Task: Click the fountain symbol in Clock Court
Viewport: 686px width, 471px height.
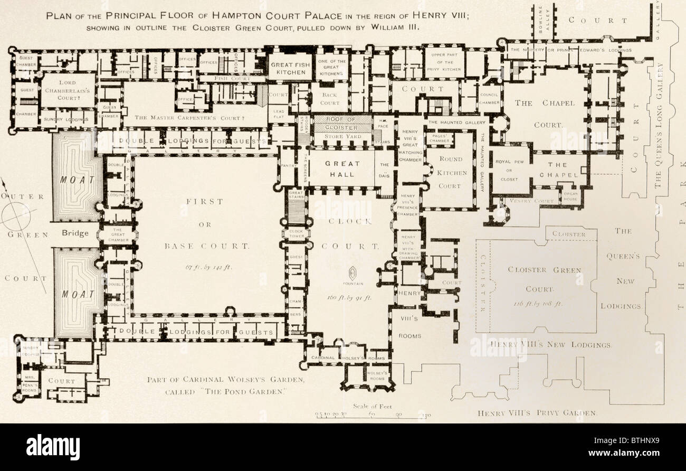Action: click(352, 274)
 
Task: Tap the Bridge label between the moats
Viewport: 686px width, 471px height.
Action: click(75, 233)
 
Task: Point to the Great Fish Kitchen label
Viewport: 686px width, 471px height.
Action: click(289, 69)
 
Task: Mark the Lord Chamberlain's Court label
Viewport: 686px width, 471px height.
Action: click(68, 91)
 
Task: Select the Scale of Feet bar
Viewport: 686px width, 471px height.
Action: click(371, 416)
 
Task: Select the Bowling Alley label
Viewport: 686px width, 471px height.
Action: click(544, 21)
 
